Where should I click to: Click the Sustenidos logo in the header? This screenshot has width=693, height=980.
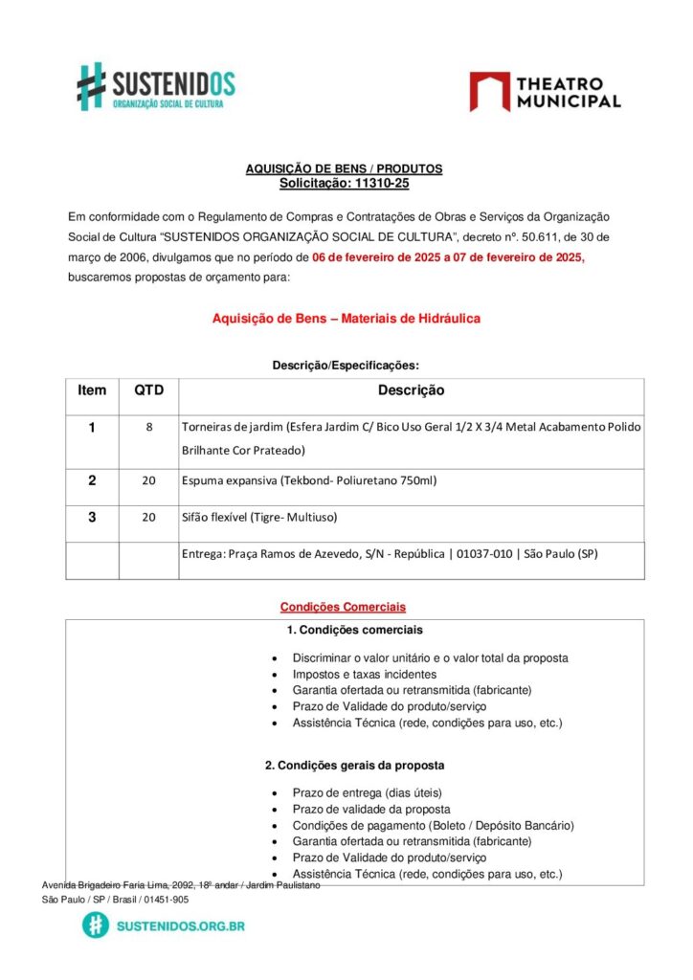point(156,86)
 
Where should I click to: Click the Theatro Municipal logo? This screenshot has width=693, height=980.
point(545,92)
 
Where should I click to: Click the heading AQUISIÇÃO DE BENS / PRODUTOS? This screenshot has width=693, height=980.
point(344,168)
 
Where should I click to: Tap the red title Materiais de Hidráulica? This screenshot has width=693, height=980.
point(346,318)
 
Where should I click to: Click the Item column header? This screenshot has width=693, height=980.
point(92,390)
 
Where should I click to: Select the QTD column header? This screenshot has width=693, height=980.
point(148,390)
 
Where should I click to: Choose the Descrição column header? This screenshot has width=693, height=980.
point(411,390)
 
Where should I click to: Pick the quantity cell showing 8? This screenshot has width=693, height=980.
point(148,427)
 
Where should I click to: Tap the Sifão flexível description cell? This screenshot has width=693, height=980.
point(258,517)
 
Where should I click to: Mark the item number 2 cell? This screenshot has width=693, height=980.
point(92,480)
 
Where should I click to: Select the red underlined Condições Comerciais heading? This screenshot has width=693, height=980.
point(343,607)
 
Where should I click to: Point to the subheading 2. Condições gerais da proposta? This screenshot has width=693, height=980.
point(354,766)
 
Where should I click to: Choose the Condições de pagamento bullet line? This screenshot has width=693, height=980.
point(433,825)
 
